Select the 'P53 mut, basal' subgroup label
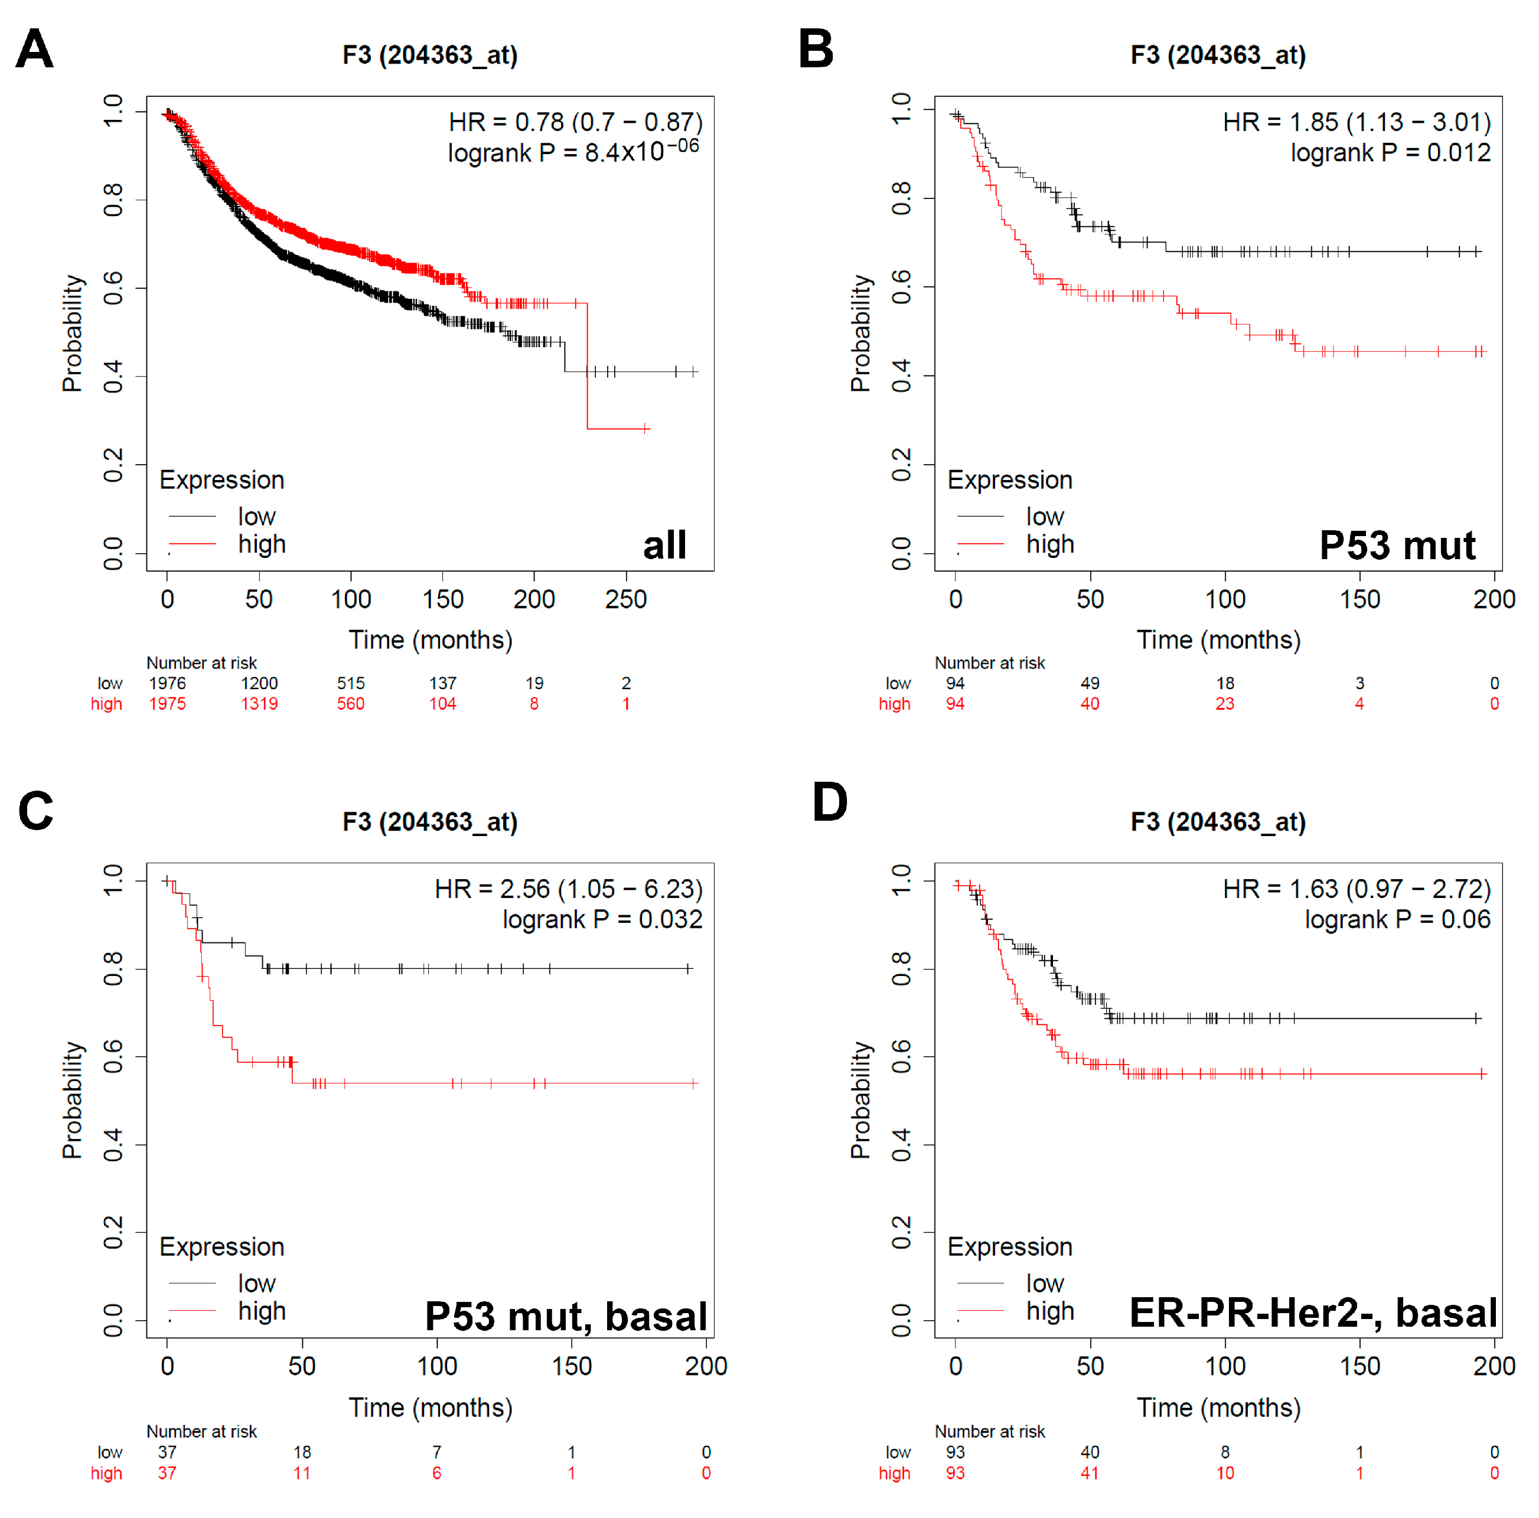tap(566, 1315)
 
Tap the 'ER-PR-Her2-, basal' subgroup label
tap(1313, 1313)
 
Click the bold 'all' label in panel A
tap(664, 546)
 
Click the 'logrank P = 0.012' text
tap(1390, 152)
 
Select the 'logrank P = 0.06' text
tap(1397, 919)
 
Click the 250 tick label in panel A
tap(625, 599)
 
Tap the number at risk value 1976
tap(167, 683)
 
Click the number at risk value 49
tap(1090, 683)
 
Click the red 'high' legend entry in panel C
tap(261, 1311)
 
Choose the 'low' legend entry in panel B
tap(1044, 516)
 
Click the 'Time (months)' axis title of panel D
tap(1218, 1408)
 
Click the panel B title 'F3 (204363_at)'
tap(1218, 55)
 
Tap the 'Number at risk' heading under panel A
tap(201, 662)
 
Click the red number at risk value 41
tap(1090, 1473)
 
